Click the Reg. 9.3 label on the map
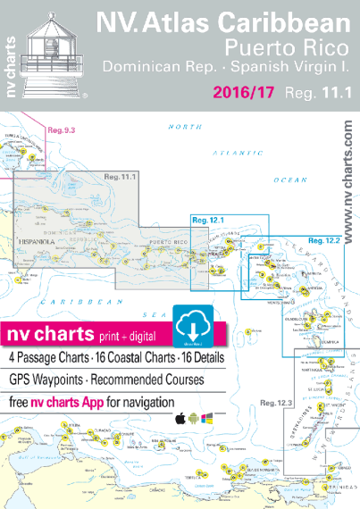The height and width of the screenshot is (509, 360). click(61, 131)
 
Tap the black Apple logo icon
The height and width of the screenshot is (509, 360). click(180, 394)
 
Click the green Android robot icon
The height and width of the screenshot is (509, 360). click(194, 394)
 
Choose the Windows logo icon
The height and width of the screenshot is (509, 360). click(206, 394)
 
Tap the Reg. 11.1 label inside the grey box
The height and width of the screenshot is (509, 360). click(118, 178)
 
